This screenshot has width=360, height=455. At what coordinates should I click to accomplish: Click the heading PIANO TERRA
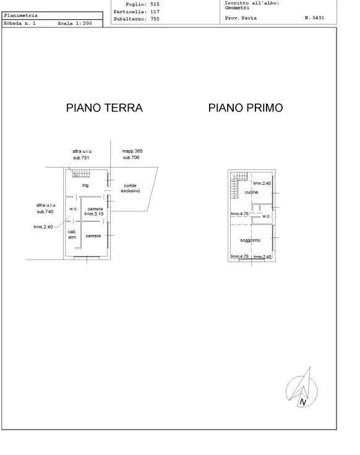[x=104, y=108]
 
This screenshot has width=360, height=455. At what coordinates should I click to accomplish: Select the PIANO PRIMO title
[x=246, y=108]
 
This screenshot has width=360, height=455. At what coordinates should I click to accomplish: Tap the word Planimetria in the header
[x=21, y=15]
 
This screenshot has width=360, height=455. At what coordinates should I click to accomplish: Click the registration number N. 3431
[x=316, y=19]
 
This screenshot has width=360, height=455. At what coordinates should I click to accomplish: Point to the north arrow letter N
[x=302, y=402]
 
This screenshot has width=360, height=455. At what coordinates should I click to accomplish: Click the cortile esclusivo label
[x=131, y=189]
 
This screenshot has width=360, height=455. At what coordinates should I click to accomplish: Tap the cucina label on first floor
[x=251, y=193]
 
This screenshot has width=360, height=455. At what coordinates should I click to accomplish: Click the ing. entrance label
[x=86, y=185]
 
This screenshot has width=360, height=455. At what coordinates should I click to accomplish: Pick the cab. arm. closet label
[x=72, y=234]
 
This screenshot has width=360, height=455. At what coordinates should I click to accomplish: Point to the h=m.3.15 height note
[x=95, y=214]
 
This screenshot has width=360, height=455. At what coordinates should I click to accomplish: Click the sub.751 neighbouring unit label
[x=81, y=158]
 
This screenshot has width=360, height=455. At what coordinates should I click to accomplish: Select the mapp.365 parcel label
[x=132, y=151]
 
